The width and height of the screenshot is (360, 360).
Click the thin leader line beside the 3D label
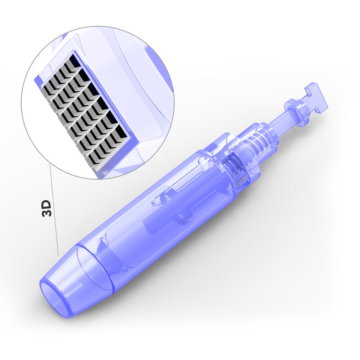click(54, 211)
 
